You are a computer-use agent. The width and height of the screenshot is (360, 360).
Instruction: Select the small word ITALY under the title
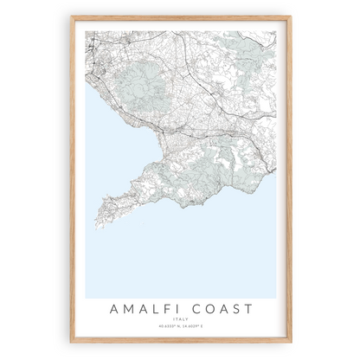pyautogui.click(x=181, y=318)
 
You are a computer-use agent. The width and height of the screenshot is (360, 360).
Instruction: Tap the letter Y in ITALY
pyautogui.click(x=187, y=318)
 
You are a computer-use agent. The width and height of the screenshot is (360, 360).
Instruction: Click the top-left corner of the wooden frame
pyautogui.click(x=71, y=16)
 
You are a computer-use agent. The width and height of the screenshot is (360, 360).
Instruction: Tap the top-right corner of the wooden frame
pyautogui.click(x=292, y=16)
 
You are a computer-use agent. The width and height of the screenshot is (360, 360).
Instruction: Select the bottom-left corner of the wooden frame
pyautogui.click(x=71, y=343)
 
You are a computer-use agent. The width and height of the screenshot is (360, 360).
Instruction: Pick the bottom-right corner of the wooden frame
pyautogui.click(x=292, y=343)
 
